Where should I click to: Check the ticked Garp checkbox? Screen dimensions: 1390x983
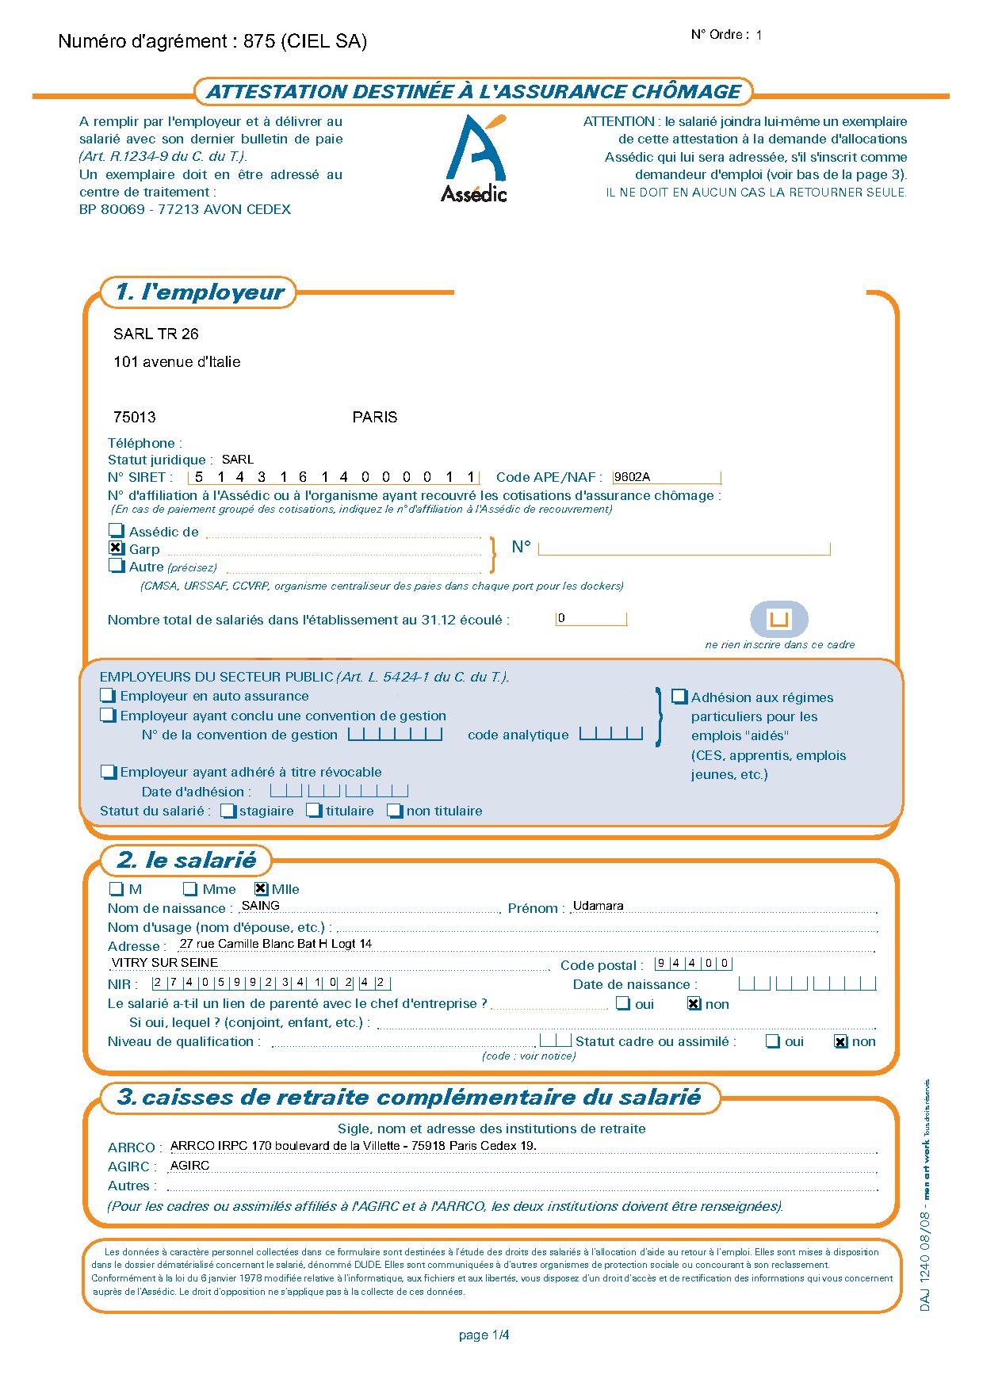click(x=117, y=548)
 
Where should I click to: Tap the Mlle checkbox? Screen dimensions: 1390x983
click(x=261, y=889)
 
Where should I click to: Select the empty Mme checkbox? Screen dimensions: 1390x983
click(x=190, y=889)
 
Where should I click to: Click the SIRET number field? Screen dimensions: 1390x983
click(x=334, y=477)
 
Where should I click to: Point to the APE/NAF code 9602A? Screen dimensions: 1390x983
click(x=633, y=477)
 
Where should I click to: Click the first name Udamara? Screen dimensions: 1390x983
click(x=599, y=906)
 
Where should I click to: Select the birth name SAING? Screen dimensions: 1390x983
click(x=261, y=906)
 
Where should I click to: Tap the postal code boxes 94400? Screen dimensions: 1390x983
click(x=694, y=964)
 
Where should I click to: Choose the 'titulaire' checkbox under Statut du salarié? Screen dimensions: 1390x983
click(x=315, y=811)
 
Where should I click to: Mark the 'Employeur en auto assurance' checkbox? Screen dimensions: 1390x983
click(x=109, y=696)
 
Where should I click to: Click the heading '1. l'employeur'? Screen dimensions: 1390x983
click(x=199, y=292)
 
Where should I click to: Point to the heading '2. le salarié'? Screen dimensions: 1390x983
click(x=186, y=861)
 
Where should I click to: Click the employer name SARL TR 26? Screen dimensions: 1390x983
click(x=156, y=334)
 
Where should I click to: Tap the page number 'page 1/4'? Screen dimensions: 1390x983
click(x=484, y=1335)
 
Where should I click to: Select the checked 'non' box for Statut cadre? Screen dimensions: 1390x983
click(x=841, y=1042)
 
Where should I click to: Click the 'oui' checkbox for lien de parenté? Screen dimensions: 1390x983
click(x=624, y=1004)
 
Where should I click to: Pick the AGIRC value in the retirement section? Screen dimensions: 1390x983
click(x=190, y=1166)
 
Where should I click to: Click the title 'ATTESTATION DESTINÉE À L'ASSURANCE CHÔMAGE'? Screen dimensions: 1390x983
click(x=473, y=92)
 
